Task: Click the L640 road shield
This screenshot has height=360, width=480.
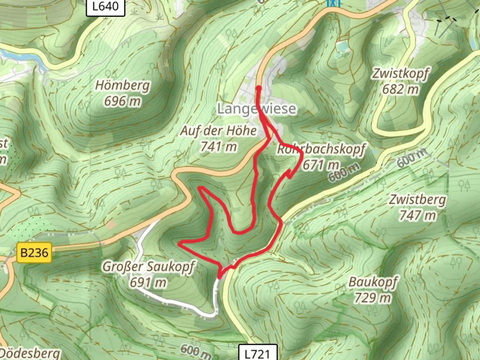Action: pos(105,7)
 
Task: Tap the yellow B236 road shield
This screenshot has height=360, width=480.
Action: pos(34,252)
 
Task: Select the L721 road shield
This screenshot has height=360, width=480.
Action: pos(258,353)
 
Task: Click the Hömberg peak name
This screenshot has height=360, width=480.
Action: pos(122,85)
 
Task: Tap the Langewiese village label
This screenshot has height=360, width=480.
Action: pos(256,109)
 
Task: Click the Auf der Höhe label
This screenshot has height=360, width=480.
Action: pos(218,131)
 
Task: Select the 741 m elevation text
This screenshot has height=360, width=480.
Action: pos(218,146)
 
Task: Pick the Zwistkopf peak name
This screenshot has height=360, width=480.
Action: pos(400,73)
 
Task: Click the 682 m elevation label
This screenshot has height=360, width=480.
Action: pos(400,89)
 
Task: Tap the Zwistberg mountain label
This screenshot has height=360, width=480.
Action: pos(417,200)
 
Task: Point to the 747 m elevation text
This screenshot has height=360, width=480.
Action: pos(417,215)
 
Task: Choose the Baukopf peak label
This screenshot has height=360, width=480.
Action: pos(373,282)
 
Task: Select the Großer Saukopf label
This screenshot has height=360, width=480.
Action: pos(148,267)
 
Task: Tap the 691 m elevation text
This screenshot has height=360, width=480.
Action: pos(148,282)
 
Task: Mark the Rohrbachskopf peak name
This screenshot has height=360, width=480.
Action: pos(321,149)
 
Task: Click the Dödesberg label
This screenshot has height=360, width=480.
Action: pos(31,353)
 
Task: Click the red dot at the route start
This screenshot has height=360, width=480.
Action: pos(259,88)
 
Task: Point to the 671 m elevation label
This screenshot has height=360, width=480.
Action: pos(321,164)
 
